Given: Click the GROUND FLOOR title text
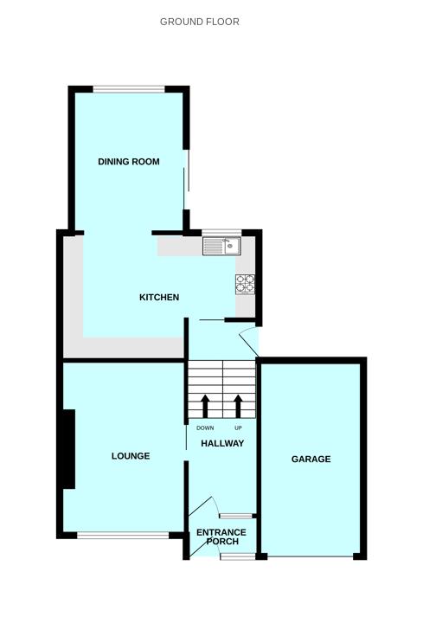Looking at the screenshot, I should point(200,22).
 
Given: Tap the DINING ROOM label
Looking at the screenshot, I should point(129,162).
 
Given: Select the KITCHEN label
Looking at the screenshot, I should point(159,298).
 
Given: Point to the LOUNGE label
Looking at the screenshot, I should point(131,456).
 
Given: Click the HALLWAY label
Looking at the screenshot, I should point(222,444).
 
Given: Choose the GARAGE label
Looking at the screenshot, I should point(311,460).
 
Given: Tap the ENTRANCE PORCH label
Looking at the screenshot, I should point(221,537).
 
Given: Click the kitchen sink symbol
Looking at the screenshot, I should point(221,247).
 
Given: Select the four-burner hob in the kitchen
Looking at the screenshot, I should point(245,283).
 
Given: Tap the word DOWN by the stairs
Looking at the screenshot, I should point(205,428).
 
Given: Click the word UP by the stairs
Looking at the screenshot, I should point(238,428).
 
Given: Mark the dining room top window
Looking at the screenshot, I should point(129,88).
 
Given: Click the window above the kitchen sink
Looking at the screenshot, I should point(221,233).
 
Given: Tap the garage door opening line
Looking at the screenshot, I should point(311,556).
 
